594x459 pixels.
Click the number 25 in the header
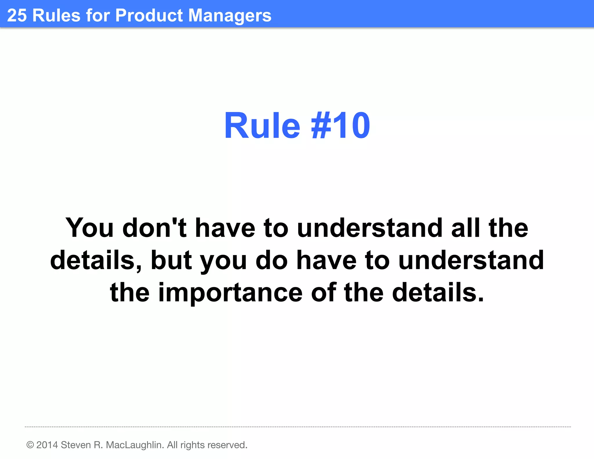17,15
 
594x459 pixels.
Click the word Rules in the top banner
56,15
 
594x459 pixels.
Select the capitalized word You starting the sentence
89,228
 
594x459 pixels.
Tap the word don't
154,228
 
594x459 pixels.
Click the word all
465,228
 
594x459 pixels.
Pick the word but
171,260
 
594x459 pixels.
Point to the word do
271,260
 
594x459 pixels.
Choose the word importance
231,292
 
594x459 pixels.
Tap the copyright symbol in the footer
30,445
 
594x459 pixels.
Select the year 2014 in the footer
47,445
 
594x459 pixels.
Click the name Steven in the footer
76,445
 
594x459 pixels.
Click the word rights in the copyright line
193,445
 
